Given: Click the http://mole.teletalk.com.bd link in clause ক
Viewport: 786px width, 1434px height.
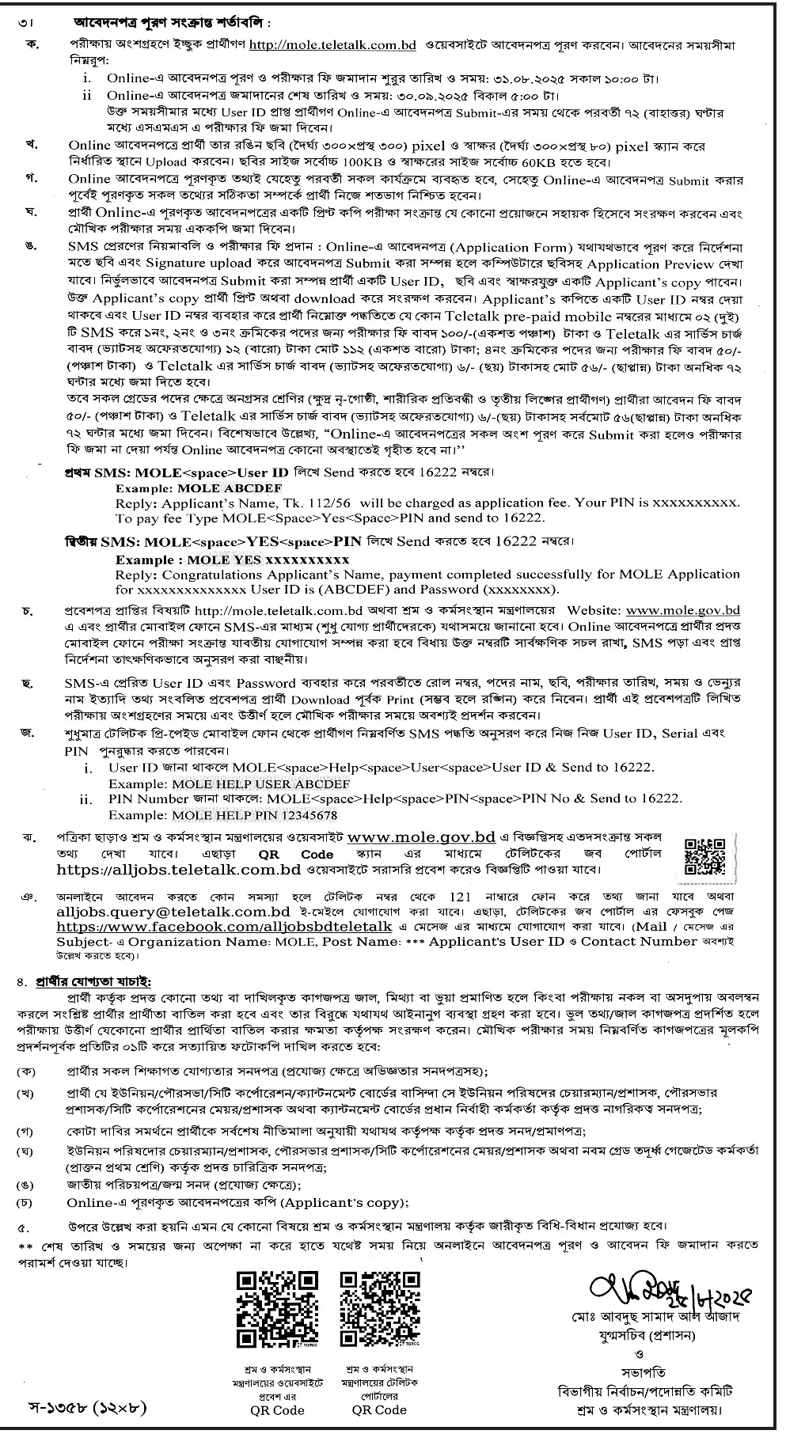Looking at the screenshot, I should tap(332, 46).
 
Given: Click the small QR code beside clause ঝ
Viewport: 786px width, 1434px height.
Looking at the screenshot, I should tap(704, 853).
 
